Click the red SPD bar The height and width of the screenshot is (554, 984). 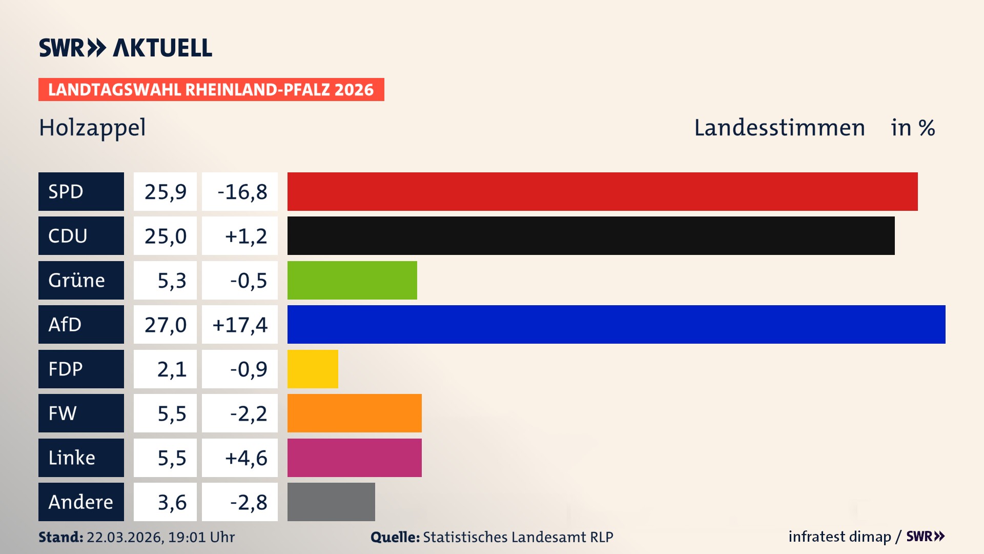coord(602,191)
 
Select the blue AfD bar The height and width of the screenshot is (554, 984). coord(616,324)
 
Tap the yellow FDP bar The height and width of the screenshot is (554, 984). coord(313,369)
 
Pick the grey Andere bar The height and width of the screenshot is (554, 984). coord(331,502)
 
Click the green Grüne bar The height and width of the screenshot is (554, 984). coord(352,280)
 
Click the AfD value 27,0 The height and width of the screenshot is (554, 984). coord(165,325)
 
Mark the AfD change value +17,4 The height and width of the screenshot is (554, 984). coord(240,325)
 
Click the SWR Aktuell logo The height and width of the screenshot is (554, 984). coord(125,48)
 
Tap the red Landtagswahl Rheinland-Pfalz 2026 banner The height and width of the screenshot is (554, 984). coord(211,90)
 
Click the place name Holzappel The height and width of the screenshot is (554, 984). coord(92,128)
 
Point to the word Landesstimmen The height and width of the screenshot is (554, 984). coord(779,128)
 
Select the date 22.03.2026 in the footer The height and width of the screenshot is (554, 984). coord(124,537)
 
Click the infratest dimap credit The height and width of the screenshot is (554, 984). coord(839,537)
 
